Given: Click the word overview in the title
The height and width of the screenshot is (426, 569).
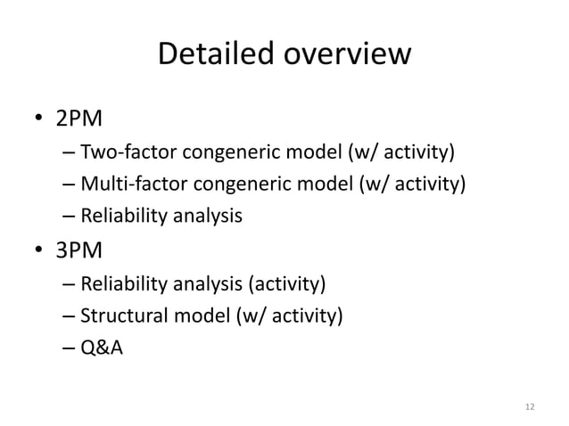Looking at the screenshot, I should [342, 55].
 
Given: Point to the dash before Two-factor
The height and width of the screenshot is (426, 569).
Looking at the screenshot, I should [70, 160].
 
